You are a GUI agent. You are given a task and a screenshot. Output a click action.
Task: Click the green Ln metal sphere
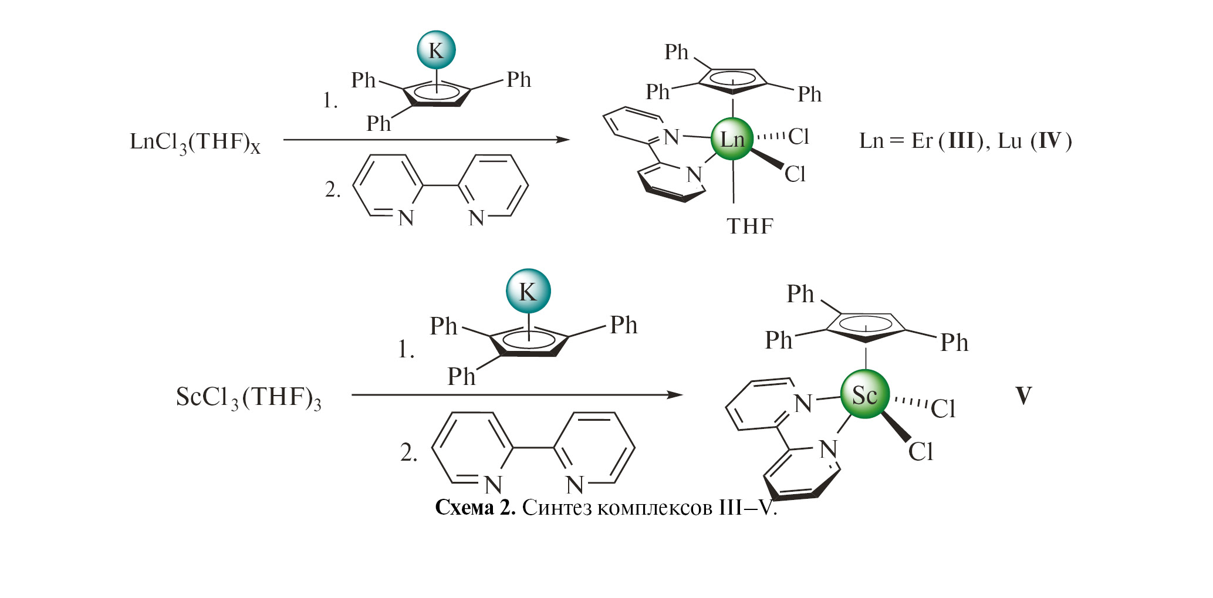732,140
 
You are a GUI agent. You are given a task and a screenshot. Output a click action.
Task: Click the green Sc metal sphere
865,394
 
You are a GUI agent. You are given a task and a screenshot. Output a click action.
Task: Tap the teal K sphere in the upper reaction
436,50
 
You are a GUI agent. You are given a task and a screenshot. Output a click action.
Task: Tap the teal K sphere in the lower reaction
528,291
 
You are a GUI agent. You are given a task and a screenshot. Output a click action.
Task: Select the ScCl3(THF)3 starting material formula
248,398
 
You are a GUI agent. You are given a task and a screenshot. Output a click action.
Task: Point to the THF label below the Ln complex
750,226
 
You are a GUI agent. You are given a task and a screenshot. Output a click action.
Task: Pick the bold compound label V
1023,396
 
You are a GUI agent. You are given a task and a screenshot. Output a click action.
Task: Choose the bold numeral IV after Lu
1050,141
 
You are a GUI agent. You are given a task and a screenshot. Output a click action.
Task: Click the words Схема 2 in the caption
475,507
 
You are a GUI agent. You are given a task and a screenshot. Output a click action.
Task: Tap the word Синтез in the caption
557,507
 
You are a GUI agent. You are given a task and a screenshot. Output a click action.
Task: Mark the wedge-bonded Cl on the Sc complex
920,452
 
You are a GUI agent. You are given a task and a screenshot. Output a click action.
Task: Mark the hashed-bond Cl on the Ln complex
798,137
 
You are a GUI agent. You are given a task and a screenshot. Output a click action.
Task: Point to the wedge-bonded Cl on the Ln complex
795,174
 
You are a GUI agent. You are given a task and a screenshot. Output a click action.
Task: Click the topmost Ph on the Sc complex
800,293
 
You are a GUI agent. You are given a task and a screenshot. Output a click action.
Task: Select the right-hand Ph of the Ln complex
809,94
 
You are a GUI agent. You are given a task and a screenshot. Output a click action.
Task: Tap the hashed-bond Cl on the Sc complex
943,409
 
